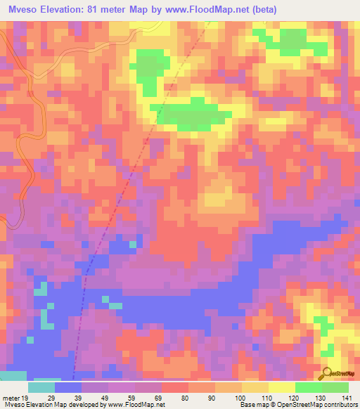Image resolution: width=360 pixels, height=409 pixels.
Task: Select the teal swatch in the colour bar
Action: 41,387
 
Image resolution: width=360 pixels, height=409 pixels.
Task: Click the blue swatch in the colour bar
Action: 68,387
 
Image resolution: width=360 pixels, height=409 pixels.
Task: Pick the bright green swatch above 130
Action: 309,387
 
